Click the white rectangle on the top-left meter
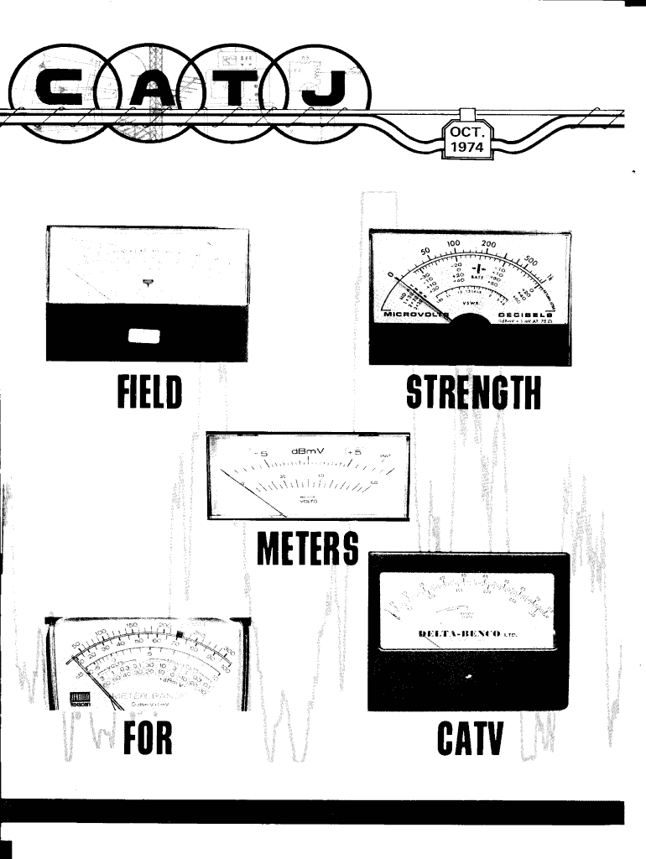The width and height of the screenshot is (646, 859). (144, 336)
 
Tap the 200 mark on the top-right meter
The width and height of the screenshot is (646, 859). (489, 245)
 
